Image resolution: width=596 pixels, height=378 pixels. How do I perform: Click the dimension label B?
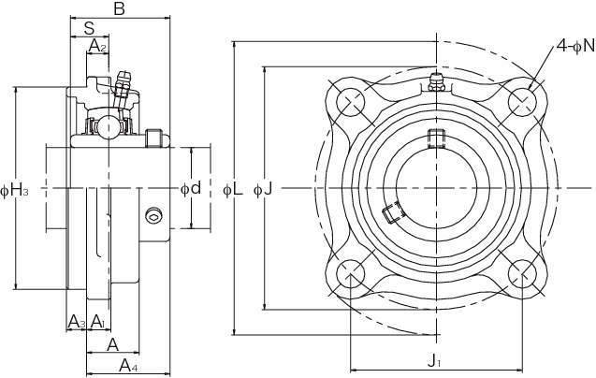tap(119, 9)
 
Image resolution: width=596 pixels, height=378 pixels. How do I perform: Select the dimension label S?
tap(89, 27)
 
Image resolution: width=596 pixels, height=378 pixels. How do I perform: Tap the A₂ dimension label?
tap(97, 46)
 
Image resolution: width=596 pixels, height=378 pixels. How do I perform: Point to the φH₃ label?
tap(14, 192)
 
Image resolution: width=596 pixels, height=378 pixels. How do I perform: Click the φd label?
tap(191, 188)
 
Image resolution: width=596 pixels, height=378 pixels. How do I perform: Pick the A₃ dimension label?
tap(77, 322)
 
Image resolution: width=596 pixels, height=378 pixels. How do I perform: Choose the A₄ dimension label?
tap(129, 366)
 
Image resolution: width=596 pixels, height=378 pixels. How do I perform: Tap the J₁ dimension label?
tap(434, 360)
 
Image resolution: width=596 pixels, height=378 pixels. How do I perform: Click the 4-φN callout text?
tap(574, 44)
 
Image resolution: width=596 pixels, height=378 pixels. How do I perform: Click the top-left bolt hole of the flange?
tap(349, 100)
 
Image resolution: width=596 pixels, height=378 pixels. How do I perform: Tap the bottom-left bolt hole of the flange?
tap(352, 274)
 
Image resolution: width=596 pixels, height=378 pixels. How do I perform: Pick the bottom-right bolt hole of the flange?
tap(520, 274)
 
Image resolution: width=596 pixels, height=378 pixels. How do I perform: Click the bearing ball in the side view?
tap(109, 124)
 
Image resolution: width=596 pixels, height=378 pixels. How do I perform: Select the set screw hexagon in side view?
tap(153, 216)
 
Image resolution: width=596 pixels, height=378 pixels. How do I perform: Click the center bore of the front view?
tap(434, 187)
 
